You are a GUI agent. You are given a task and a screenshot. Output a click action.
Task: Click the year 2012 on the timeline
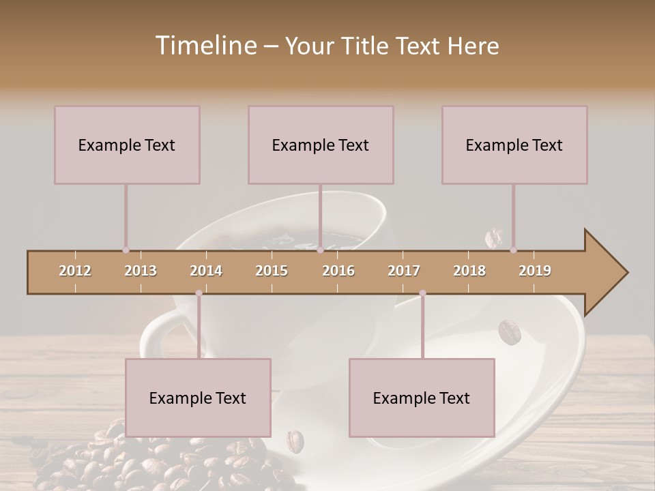click(x=75, y=271)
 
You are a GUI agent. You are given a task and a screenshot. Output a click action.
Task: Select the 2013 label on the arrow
click(x=141, y=271)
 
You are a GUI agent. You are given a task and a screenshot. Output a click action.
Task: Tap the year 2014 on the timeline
click(x=206, y=271)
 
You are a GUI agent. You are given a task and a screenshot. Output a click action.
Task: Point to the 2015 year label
click(x=272, y=271)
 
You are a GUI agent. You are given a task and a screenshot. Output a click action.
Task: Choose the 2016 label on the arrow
click(x=338, y=271)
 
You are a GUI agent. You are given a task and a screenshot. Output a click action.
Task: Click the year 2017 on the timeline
click(x=404, y=271)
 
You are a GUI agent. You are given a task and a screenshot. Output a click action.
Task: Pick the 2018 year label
click(x=469, y=271)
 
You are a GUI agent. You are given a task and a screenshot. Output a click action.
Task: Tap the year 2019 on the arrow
click(x=535, y=271)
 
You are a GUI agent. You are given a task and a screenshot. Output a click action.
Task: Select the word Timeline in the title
click(x=205, y=46)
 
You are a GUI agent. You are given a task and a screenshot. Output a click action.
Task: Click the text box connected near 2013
click(x=127, y=145)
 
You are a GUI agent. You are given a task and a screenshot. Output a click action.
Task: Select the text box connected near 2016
click(x=321, y=145)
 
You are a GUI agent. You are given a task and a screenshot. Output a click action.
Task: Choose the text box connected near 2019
click(x=514, y=145)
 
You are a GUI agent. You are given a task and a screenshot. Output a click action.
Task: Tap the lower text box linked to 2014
click(x=198, y=398)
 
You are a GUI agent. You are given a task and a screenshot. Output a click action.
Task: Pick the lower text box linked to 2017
click(x=422, y=398)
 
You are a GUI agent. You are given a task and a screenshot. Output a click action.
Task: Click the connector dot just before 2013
click(x=126, y=250)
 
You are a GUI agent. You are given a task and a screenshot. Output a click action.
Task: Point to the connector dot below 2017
click(x=422, y=293)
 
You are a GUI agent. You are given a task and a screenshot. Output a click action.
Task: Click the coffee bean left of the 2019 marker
click(x=493, y=238)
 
